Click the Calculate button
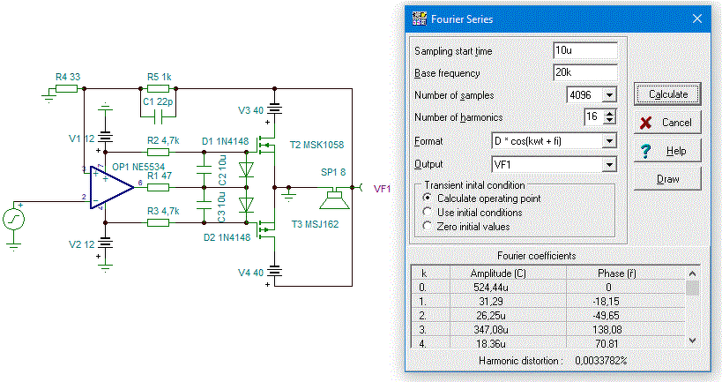pos(667,94)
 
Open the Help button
pos(667,151)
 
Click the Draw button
pos(667,179)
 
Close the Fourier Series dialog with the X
pos(697,19)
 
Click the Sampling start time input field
pos(584,50)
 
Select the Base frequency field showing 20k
pos(584,72)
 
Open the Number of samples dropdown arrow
pos(609,95)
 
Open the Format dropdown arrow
pos(609,141)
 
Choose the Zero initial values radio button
pos(428,226)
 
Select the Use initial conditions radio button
pos(428,212)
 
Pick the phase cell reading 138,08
pos(607,329)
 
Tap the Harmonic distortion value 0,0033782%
pos(600,360)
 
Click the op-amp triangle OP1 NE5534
pos(110,187)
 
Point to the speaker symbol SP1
pos(335,198)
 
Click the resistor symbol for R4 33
pos(67,88)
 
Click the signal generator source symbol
pos(14,220)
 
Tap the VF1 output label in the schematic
pos(383,189)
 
